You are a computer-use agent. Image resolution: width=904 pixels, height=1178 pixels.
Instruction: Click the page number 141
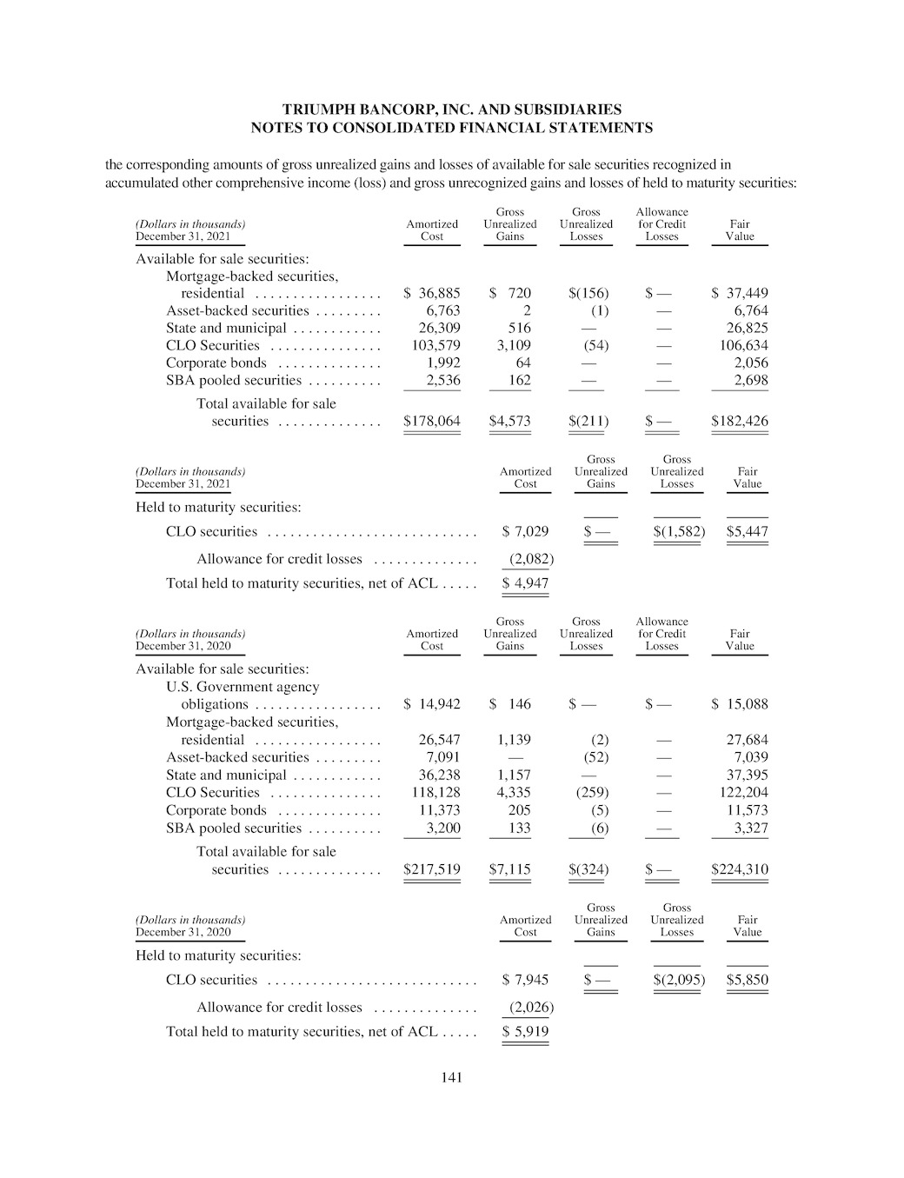click(451, 1078)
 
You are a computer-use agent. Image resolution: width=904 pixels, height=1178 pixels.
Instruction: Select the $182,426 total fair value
click(739, 422)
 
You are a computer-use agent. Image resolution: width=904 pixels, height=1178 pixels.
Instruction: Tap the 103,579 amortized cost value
click(435, 345)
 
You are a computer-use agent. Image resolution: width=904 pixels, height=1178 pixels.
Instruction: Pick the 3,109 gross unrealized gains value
click(513, 345)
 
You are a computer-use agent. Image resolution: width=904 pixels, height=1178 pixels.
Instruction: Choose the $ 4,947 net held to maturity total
click(525, 583)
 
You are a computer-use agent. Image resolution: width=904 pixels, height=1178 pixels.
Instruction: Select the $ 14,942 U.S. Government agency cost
click(432, 704)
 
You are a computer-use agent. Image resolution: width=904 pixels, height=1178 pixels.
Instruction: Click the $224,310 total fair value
click(739, 869)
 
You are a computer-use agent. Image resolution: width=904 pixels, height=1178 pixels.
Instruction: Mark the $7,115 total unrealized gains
click(509, 869)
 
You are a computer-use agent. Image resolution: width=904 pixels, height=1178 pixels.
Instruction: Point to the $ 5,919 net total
click(525, 1032)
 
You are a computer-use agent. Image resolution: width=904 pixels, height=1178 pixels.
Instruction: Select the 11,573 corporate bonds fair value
click(747, 810)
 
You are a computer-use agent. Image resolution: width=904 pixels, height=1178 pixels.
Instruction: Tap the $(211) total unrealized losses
click(588, 422)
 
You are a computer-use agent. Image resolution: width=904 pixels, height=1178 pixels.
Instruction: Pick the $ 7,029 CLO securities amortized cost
click(525, 531)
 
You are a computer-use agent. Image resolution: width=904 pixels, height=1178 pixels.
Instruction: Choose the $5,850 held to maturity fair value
click(747, 980)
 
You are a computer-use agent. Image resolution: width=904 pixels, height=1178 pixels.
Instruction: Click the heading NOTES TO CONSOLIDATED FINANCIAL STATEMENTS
click(451, 128)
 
